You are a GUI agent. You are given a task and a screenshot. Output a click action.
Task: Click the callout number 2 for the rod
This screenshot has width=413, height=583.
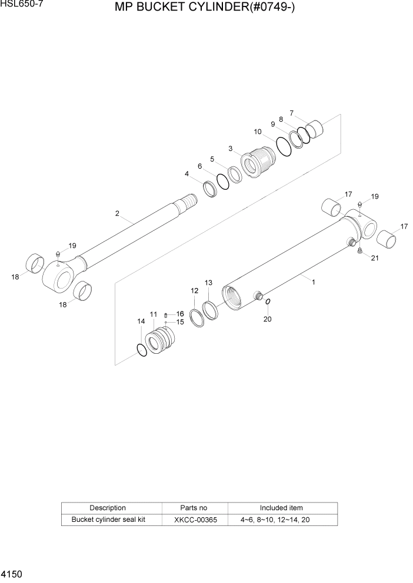click(x=117, y=213)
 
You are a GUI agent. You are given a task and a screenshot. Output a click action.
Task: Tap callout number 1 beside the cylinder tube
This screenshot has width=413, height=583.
click(x=314, y=282)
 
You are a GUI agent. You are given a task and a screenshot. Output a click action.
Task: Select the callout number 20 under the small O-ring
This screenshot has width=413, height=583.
click(x=268, y=319)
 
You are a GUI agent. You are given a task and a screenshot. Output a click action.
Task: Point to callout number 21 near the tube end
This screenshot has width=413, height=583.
click(x=375, y=259)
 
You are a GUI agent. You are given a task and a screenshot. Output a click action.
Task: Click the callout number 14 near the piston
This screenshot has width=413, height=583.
click(x=141, y=321)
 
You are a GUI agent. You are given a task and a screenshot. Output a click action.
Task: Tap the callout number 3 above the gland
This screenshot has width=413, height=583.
click(x=231, y=148)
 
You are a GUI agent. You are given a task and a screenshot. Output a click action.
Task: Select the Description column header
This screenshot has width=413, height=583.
click(x=108, y=508)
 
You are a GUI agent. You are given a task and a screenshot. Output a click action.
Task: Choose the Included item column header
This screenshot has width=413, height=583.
click(x=281, y=508)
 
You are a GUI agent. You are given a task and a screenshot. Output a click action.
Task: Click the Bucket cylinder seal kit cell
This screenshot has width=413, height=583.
click(x=108, y=520)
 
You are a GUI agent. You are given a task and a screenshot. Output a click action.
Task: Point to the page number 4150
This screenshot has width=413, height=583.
click(x=12, y=572)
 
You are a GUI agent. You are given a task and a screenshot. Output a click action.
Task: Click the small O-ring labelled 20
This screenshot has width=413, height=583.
click(x=268, y=302)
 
